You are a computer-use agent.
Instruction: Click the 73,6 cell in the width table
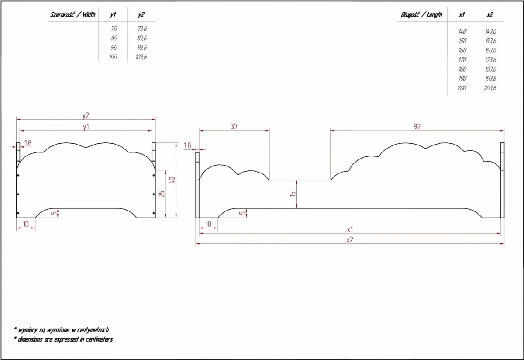(x=142, y=28)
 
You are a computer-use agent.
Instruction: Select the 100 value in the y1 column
(x=113, y=57)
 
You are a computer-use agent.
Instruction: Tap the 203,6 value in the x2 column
(x=490, y=88)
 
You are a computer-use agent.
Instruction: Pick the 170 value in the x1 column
(x=462, y=60)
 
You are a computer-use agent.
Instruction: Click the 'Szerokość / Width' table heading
(x=73, y=15)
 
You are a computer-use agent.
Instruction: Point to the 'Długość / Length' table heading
(x=421, y=15)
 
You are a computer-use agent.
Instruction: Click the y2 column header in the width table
(x=141, y=15)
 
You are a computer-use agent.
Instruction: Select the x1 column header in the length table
(x=462, y=15)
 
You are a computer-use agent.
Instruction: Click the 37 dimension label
(x=234, y=127)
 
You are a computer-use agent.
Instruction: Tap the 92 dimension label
(x=417, y=127)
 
